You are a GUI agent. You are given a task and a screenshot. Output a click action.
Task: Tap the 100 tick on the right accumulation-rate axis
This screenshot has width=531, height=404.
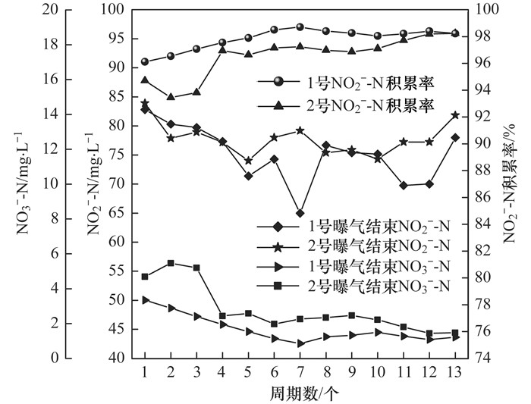coord(482,9)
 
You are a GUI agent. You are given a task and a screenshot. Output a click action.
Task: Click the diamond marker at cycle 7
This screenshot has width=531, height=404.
coord(300,214)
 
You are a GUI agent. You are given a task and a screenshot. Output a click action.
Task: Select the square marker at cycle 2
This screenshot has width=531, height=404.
coord(171,263)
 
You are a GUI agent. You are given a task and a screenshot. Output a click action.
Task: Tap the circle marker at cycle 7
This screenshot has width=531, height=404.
coord(300,27)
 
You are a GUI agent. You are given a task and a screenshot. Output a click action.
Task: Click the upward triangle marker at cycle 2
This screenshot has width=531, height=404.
coord(171,97)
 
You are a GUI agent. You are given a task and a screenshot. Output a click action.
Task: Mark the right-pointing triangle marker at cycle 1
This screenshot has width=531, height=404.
coord(145,300)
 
